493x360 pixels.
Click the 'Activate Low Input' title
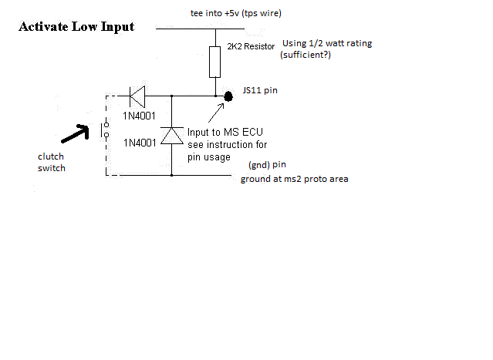76,28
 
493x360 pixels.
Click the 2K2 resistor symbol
216,62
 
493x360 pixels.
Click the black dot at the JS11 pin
228,97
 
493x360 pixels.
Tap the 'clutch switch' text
52,161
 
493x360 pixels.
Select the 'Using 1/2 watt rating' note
327,43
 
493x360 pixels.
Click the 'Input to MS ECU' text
224,133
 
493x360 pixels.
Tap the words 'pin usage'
211,156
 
